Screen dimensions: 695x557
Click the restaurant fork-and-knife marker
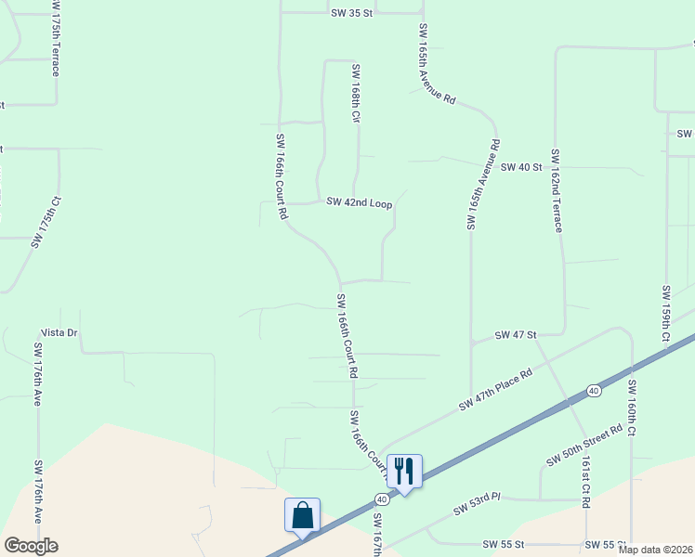tap(404, 470)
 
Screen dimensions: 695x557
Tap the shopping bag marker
tap(303, 514)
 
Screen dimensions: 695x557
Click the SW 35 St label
tap(351, 14)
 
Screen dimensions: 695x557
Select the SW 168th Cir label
tap(355, 94)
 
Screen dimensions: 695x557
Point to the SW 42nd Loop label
tap(359, 202)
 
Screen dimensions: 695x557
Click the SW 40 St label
tap(521, 167)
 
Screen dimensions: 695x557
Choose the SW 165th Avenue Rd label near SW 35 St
tap(437, 63)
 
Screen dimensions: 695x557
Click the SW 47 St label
tap(516, 334)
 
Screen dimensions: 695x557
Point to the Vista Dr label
tap(59, 332)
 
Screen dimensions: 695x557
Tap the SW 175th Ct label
tap(46, 221)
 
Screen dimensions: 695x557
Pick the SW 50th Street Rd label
tap(584, 447)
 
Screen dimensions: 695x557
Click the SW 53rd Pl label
tap(477, 504)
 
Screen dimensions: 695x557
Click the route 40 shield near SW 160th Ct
tap(594, 391)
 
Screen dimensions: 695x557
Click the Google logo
tap(31, 546)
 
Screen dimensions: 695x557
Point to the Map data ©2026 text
tap(655, 550)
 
